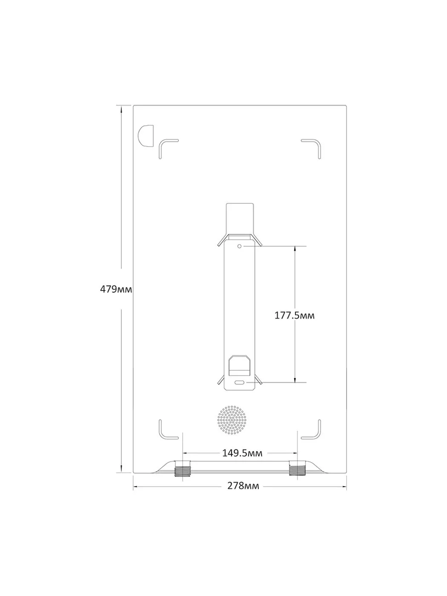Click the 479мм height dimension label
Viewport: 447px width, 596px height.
pyautogui.click(x=116, y=289)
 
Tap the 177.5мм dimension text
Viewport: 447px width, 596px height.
pyautogui.click(x=295, y=315)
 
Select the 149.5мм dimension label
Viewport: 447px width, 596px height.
pyautogui.click(x=242, y=453)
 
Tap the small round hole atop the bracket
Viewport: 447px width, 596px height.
pyautogui.click(x=239, y=246)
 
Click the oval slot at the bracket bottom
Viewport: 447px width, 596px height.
pyautogui.click(x=239, y=383)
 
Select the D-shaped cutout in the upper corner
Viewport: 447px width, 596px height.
pyautogui.click(x=146, y=136)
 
